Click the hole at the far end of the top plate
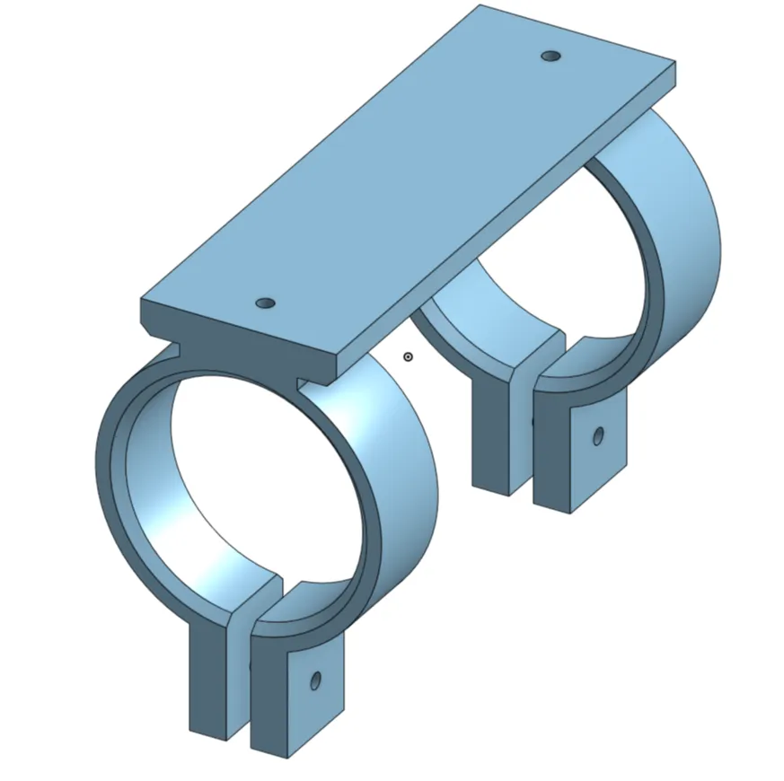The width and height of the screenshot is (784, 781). [551, 57]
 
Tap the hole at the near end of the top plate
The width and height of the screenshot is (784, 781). [265, 303]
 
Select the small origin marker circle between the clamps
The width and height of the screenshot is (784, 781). [409, 357]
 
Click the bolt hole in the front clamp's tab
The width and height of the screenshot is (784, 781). [315, 680]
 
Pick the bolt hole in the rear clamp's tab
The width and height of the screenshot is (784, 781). [598, 436]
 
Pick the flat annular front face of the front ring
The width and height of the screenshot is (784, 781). [112, 467]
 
